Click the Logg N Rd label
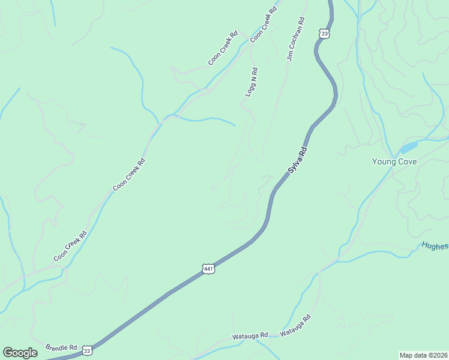point(251,82)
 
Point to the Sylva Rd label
point(298,160)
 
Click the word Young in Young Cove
point(384,161)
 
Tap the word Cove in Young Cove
point(408,161)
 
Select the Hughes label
point(435,245)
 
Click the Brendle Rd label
point(61,347)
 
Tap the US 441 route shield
point(208,269)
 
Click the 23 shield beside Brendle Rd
point(88,350)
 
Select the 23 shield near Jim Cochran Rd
point(324,34)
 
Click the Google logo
point(20,352)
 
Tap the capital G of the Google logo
point(8,352)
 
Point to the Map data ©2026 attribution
point(423,355)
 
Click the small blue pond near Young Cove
point(408,147)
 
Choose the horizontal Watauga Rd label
point(250,336)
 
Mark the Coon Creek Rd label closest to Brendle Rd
point(70,246)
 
